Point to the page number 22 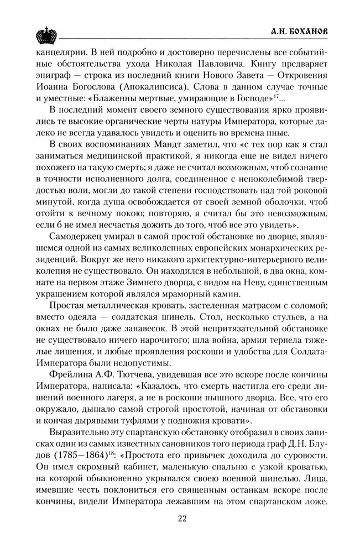[x=182, y=518]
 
